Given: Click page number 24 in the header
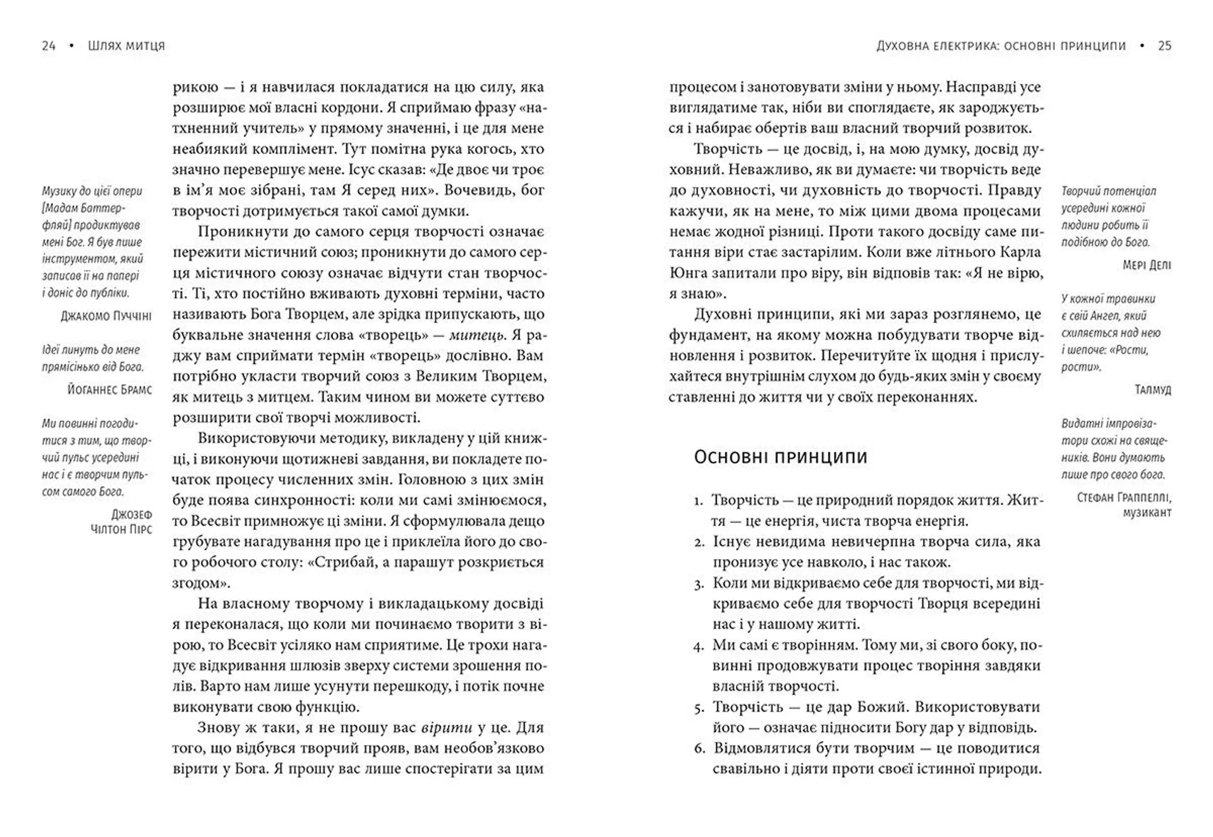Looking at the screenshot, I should (x=49, y=45).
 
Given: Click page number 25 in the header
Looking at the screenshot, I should (x=1164, y=45).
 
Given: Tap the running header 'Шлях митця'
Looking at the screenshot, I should (x=126, y=45).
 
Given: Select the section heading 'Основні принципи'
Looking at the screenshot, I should (x=780, y=457).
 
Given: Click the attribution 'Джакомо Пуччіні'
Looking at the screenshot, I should (x=106, y=316).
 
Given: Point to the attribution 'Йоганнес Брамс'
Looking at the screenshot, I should (x=109, y=390).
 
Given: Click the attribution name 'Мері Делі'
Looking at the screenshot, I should (x=1147, y=265).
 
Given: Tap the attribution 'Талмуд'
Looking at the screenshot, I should (x=1152, y=390).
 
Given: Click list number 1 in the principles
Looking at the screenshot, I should (x=698, y=502).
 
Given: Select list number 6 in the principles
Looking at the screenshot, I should (x=699, y=749).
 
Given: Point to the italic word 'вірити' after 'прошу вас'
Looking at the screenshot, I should (x=446, y=728).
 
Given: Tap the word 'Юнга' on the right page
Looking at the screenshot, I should (x=687, y=273).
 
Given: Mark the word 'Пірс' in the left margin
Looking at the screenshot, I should (x=140, y=529).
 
